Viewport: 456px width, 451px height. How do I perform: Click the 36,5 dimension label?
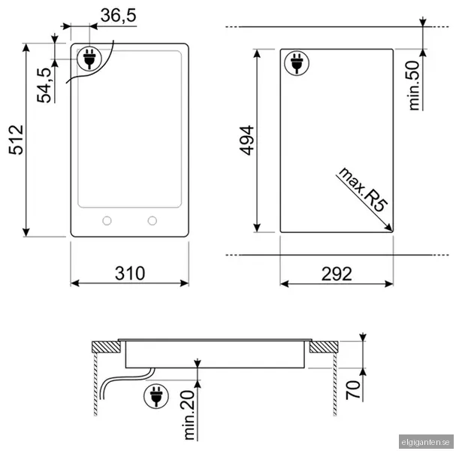click(119, 16)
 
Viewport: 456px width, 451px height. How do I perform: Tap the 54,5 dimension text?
click(44, 85)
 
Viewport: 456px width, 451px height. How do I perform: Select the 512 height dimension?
click(17, 140)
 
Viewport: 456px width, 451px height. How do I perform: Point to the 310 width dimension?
click(130, 273)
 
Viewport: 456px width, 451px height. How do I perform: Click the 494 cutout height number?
click(246, 141)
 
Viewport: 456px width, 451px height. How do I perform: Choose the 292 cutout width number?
click(337, 274)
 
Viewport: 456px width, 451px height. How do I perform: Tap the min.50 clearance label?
click(414, 85)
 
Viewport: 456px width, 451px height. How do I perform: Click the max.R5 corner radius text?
click(363, 189)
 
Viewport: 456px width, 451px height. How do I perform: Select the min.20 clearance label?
click(189, 415)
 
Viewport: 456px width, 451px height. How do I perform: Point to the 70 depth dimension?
click(353, 390)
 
